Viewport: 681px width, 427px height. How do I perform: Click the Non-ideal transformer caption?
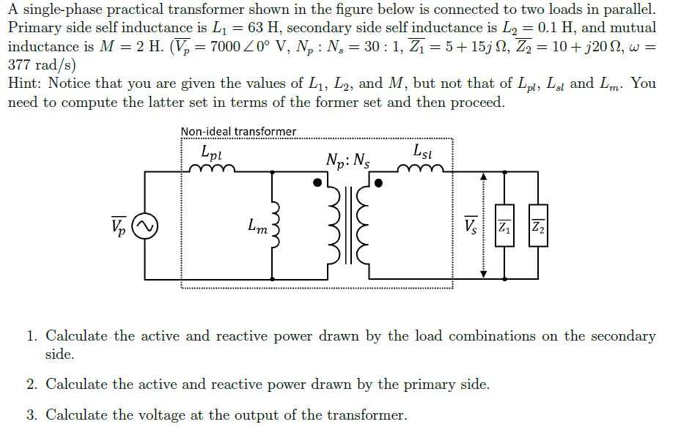(239, 132)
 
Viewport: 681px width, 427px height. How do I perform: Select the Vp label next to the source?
(119, 226)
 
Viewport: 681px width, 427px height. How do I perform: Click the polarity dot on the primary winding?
(317, 183)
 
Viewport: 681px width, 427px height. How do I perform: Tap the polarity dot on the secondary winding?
(379, 183)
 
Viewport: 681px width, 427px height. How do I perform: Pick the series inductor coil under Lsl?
(422, 171)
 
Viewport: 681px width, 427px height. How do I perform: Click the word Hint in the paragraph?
(27, 83)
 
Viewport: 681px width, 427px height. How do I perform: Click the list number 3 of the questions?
(32, 415)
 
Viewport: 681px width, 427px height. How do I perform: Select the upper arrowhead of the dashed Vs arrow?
(483, 177)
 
